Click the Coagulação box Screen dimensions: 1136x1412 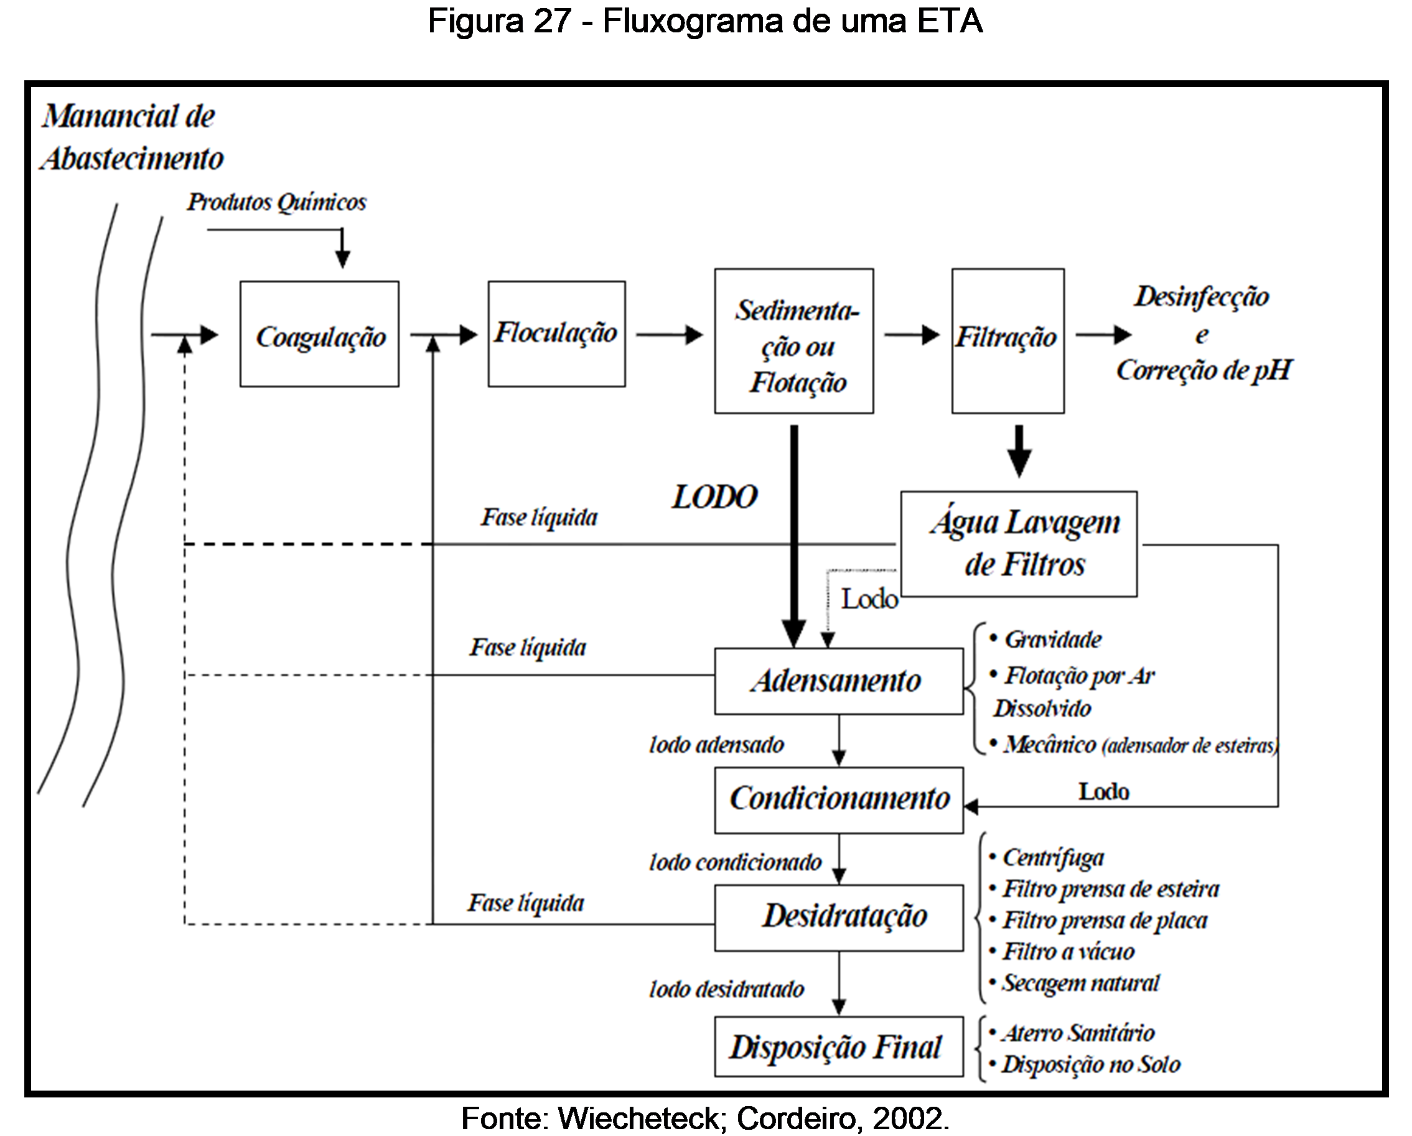point(320,335)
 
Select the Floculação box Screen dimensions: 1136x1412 point(557,334)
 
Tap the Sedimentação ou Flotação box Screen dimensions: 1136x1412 point(794,341)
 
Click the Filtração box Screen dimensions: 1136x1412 point(1008,340)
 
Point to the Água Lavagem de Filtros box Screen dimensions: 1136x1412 point(1019,544)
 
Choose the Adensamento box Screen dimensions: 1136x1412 point(839,681)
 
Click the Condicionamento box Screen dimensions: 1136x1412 point(839,800)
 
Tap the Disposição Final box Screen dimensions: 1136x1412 point(839,1047)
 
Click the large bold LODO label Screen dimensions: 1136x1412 point(714,498)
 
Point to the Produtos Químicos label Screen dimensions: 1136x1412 point(277,202)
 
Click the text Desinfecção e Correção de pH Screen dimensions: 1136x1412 point(1202,334)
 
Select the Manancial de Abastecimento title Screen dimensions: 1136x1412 point(131,137)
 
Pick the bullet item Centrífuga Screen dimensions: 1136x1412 point(1052,859)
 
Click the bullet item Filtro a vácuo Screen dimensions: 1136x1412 point(1067,951)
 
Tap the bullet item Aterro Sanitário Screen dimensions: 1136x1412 point(1077,1033)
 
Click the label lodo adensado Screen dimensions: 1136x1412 point(716,745)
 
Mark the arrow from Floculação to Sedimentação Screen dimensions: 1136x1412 point(670,335)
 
